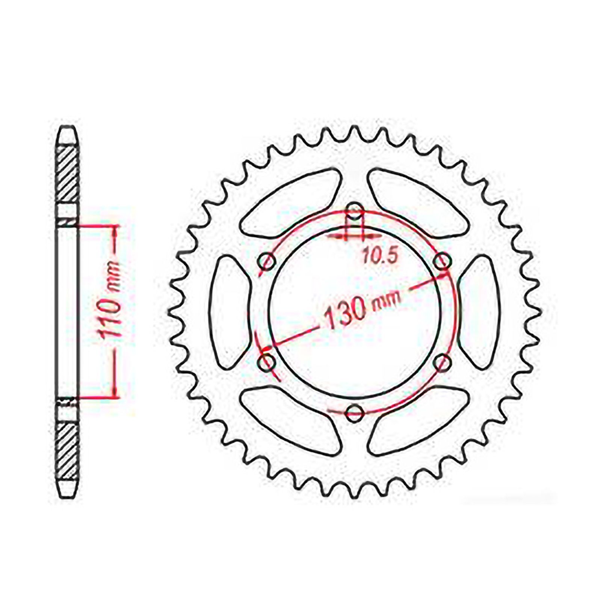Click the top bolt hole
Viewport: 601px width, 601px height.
coord(354,209)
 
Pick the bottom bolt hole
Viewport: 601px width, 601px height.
coord(354,413)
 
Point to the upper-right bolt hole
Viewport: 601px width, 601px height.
coord(442,260)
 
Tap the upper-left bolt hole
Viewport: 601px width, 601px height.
coord(266,260)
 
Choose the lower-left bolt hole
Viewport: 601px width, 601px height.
coord(267,362)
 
